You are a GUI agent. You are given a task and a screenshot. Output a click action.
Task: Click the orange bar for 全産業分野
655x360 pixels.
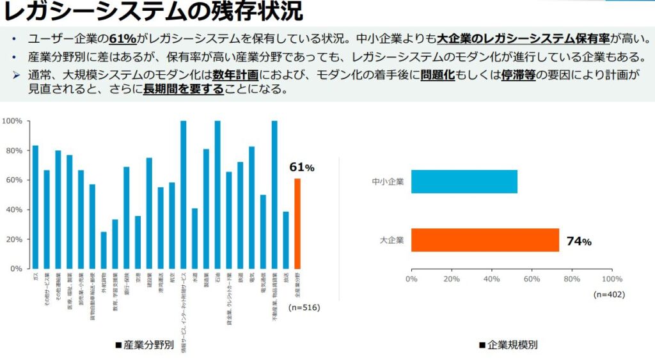click(297, 224)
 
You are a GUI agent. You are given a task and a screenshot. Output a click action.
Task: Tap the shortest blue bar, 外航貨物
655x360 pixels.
click(104, 250)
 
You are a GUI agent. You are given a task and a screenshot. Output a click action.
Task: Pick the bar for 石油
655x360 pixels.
click(217, 194)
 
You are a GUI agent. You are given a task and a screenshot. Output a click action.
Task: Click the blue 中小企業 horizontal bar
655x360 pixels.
click(464, 182)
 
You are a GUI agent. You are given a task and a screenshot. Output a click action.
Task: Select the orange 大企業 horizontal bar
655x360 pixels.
click(485, 240)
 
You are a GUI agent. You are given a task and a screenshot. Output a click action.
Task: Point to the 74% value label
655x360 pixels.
click(578, 242)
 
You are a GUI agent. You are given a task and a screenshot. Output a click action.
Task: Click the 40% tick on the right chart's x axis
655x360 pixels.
click(491, 279)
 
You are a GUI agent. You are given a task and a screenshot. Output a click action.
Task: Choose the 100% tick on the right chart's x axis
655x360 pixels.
click(612, 279)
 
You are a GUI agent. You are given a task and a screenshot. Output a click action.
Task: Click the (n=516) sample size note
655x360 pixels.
click(304, 308)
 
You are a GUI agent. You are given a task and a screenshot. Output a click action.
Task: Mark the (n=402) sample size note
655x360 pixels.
click(609, 295)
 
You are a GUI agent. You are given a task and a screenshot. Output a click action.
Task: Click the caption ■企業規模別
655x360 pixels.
click(508, 345)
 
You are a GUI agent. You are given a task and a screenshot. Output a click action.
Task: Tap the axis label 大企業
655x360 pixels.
click(391, 240)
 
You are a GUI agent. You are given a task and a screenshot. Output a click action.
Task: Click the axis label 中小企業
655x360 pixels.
click(388, 182)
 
